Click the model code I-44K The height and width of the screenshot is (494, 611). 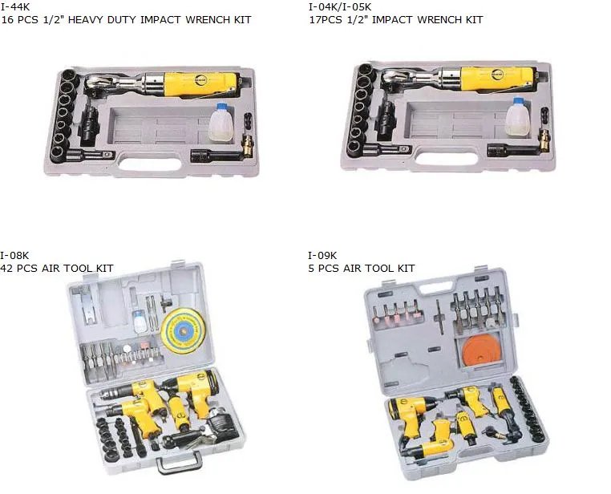pyautogui.click(x=15, y=6)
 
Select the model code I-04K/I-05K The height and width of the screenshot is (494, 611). pyautogui.click(x=340, y=6)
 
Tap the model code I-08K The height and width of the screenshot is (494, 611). pyautogui.click(x=14, y=255)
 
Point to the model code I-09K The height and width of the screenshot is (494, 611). pyautogui.click(x=322, y=255)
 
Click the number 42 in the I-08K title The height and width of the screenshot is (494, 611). pyautogui.click(x=6, y=268)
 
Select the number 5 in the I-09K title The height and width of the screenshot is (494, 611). pyautogui.click(x=311, y=268)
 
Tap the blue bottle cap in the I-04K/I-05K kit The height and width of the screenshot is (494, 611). pyautogui.click(x=518, y=102)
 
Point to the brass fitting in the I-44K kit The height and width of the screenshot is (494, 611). pyautogui.click(x=247, y=145)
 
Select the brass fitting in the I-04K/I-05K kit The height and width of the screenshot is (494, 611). pyautogui.click(x=544, y=141)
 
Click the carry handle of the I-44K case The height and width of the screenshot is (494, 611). pyautogui.click(x=150, y=164)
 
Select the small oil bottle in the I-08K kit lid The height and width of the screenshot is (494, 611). pyautogui.click(x=139, y=322)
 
